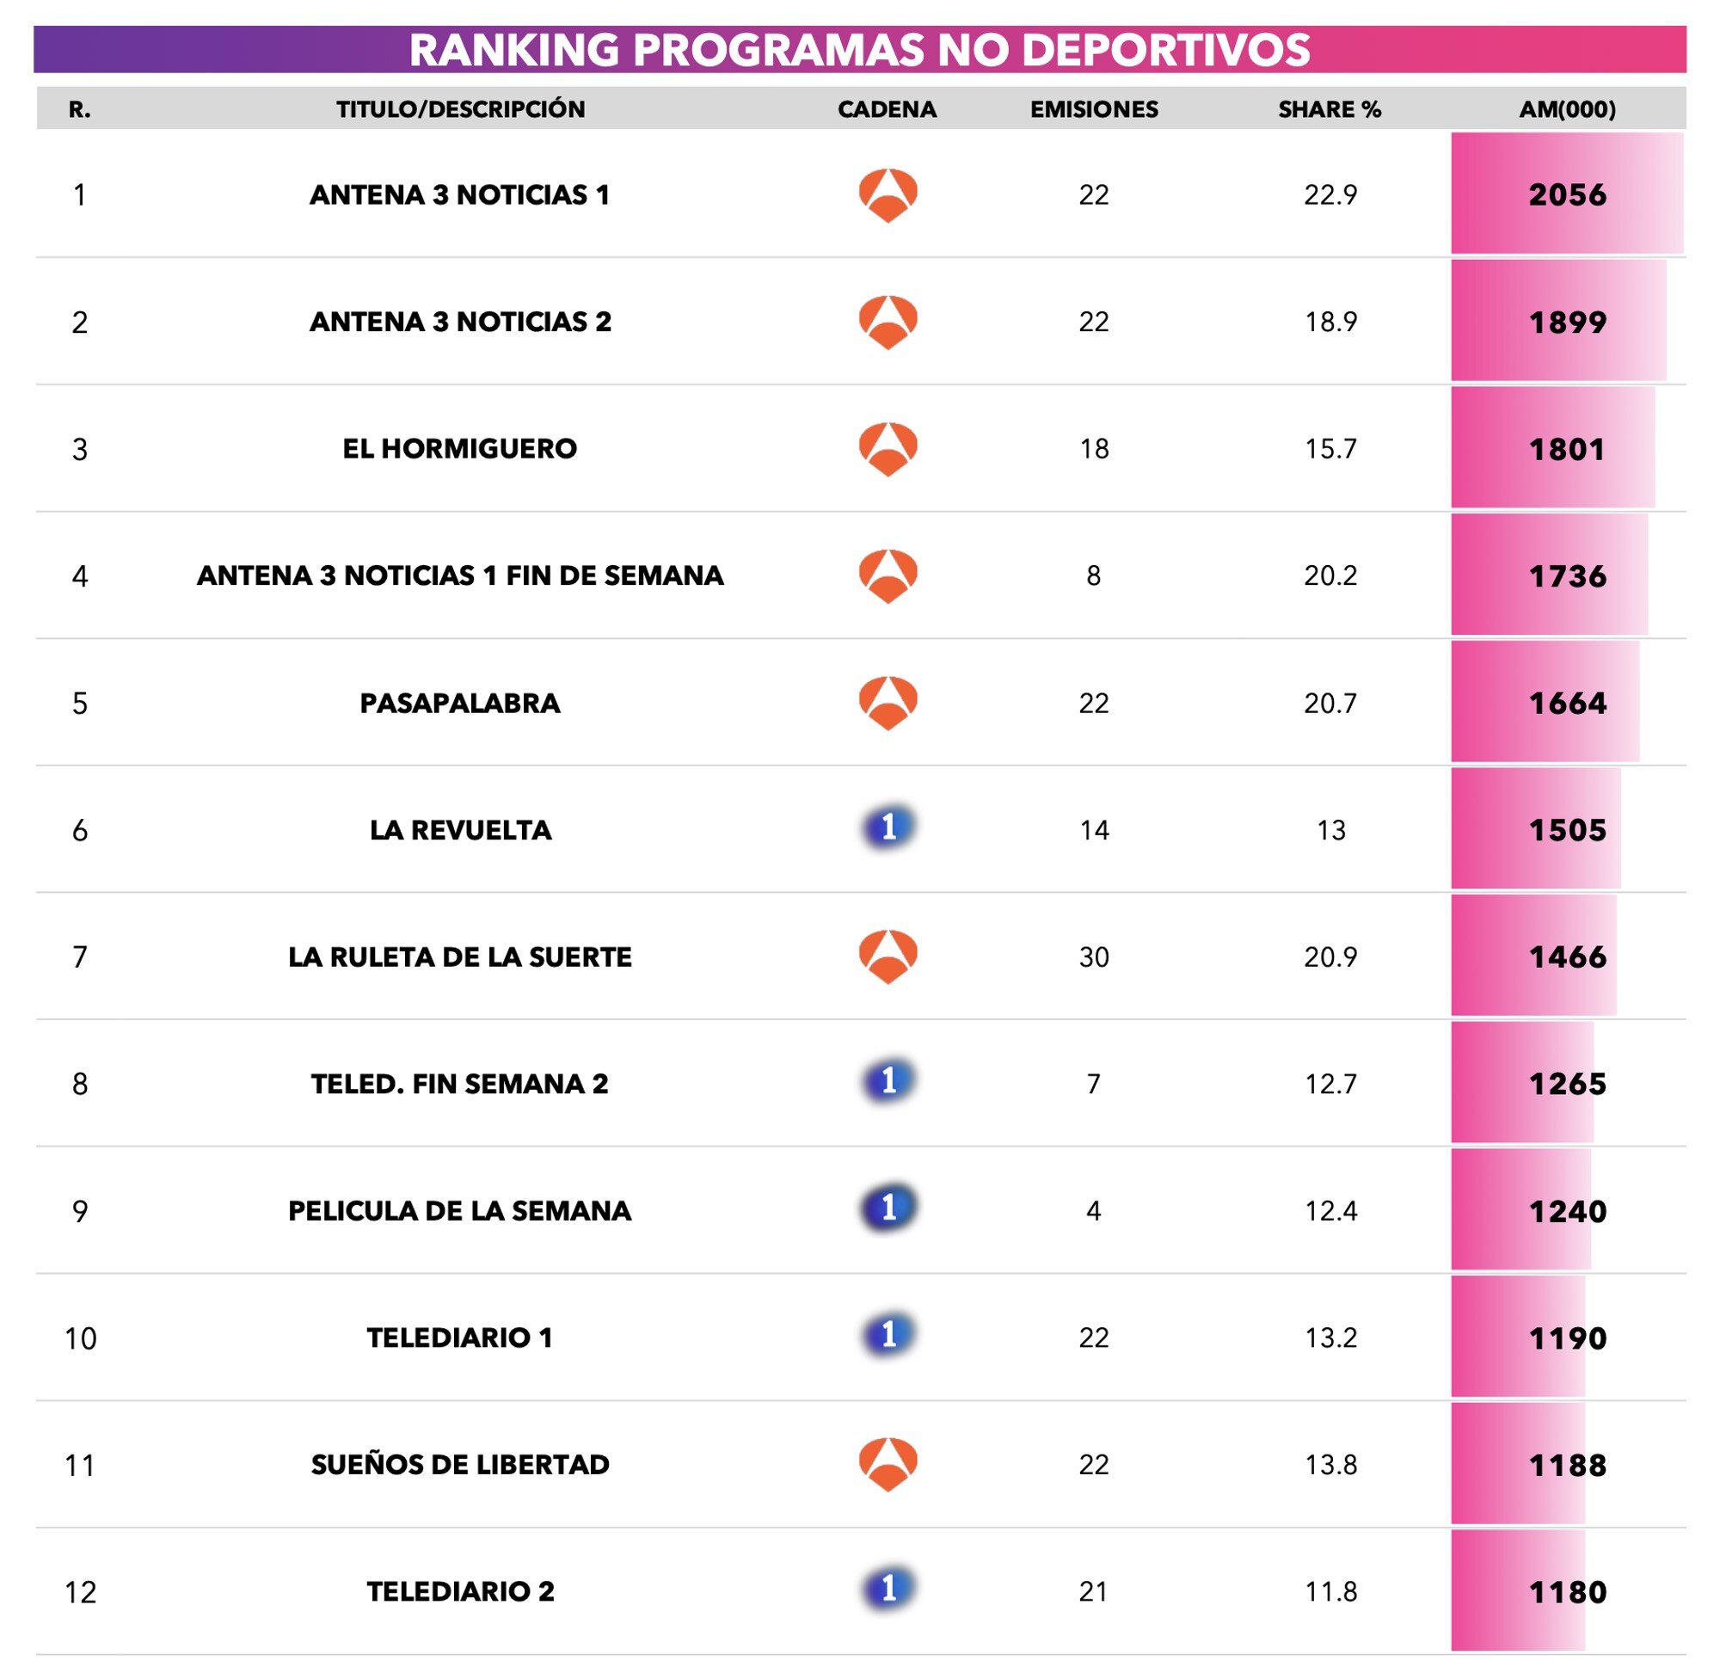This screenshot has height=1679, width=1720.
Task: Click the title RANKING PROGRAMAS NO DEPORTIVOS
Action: click(859, 49)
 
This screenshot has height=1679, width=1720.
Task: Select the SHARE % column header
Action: click(1330, 109)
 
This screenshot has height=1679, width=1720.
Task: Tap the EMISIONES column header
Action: click(1094, 109)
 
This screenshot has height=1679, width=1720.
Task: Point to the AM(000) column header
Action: click(1568, 109)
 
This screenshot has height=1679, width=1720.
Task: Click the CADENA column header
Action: click(887, 109)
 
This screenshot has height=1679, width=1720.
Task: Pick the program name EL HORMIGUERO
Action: click(459, 449)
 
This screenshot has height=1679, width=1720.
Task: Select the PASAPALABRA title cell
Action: click(459, 703)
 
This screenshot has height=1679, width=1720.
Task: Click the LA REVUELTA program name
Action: click(460, 830)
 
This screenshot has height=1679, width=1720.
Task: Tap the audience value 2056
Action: click(1568, 195)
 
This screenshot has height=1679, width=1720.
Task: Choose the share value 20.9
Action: click(1330, 956)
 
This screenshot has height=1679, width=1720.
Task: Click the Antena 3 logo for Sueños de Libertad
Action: click(888, 1465)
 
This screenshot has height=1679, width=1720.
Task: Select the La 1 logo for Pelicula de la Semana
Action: click(888, 1209)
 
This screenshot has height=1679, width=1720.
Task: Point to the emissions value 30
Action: click(1094, 956)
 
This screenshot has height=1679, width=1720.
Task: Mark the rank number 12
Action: click(80, 1593)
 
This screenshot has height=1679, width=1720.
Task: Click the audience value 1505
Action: click(1568, 830)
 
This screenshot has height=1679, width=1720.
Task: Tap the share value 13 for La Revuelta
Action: click(1330, 830)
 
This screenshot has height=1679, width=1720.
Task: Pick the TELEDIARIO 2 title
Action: click(460, 1592)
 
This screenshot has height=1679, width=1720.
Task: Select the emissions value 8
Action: click(1093, 575)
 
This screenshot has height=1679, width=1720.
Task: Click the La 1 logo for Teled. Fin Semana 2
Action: click(888, 1081)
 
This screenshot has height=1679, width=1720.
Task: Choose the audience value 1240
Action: click(1568, 1212)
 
